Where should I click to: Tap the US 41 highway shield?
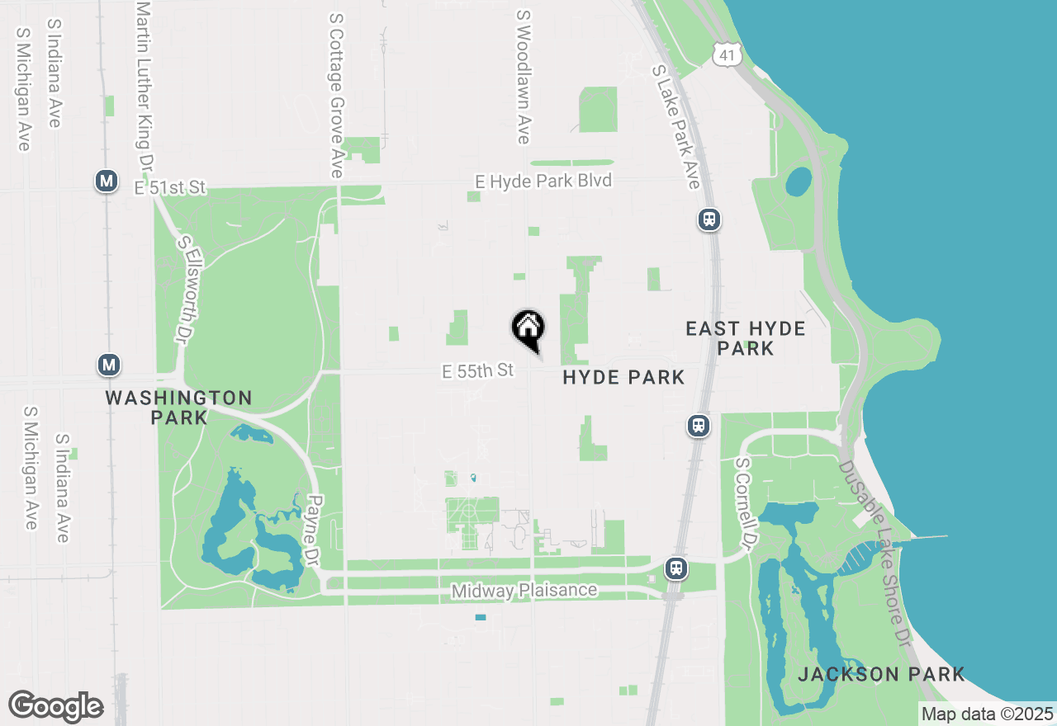click(x=725, y=54)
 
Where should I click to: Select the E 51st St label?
click(x=169, y=188)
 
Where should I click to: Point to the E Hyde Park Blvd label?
click(x=543, y=181)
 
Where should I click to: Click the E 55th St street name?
click(x=478, y=371)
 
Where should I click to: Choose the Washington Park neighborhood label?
click(x=178, y=408)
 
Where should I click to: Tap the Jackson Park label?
click(x=881, y=674)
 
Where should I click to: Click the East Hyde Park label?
click(x=746, y=338)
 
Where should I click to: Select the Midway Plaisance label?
click(x=524, y=591)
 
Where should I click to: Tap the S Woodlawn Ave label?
click(x=523, y=77)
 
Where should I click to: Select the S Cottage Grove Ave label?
click(x=336, y=95)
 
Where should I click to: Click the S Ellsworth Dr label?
click(x=184, y=290)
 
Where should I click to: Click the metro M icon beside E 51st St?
click(x=106, y=181)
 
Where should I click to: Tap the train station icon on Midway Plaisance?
click(x=676, y=568)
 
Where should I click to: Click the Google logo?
click(x=55, y=707)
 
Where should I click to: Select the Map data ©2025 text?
click(x=987, y=714)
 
